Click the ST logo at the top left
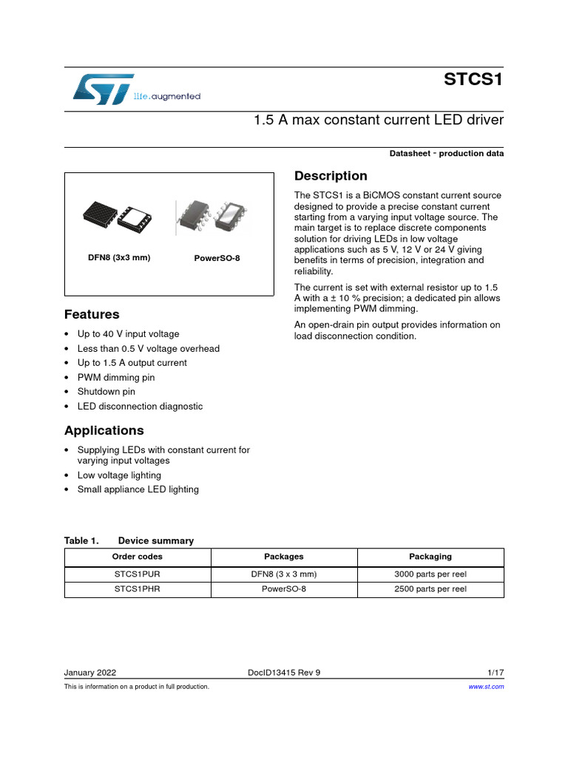(x=104, y=88)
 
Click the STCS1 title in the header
(x=474, y=80)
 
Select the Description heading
(x=331, y=176)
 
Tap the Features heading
(x=92, y=314)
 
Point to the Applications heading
(x=104, y=430)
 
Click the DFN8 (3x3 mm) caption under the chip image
(x=119, y=258)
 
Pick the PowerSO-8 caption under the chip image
(x=217, y=259)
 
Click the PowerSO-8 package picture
(x=213, y=218)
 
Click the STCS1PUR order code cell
(x=138, y=574)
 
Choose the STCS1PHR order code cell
(x=138, y=589)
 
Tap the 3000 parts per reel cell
(x=430, y=574)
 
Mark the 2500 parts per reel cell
(x=430, y=589)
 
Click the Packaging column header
(x=430, y=557)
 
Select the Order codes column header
(x=138, y=557)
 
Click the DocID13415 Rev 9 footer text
(x=284, y=673)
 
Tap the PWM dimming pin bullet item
(x=116, y=377)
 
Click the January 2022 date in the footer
(x=90, y=673)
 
